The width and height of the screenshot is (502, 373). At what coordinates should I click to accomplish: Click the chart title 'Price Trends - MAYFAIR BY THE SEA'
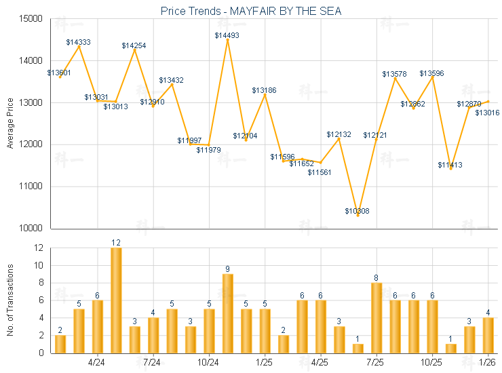[x=251, y=11]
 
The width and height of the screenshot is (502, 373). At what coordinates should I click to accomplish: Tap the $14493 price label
[x=227, y=35]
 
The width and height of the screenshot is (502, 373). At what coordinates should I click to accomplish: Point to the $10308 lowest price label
[x=358, y=211]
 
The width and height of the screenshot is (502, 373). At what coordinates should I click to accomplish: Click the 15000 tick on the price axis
[x=31, y=19]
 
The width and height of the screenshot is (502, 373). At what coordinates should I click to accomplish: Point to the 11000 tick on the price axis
[x=31, y=186]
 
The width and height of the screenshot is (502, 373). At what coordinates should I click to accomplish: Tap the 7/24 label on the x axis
[x=153, y=361]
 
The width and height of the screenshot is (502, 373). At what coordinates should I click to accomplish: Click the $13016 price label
[x=487, y=113]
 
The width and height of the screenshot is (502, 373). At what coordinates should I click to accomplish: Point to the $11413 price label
[x=450, y=165]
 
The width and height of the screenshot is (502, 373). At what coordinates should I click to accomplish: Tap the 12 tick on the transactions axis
[x=38, y=248]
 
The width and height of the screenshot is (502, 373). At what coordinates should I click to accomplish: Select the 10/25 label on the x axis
[x=432, y=361]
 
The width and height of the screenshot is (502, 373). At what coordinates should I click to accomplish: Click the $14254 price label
[x=134, y=45]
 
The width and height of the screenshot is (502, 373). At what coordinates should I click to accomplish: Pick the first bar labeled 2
[x=60, y=344]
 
